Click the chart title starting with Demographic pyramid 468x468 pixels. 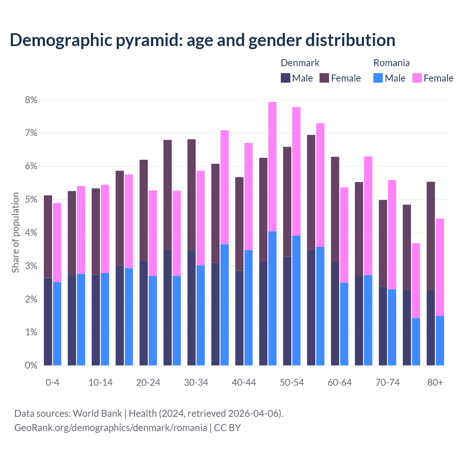coord(202,40)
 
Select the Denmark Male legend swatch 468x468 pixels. coord(285,78)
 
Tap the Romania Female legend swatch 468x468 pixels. coord(417,78)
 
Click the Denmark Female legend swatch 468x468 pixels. coord(324,78)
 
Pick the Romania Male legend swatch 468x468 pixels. coord(378,78)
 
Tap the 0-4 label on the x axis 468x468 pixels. coord(52,383)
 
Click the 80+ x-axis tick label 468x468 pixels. coord(435,383)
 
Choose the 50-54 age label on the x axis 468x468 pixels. coord(292,383)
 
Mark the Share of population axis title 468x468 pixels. coord(16,233)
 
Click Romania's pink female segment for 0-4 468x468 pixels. coord(57,242)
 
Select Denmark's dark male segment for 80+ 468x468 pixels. coord(431,327)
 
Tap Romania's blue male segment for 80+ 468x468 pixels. coord(440,340)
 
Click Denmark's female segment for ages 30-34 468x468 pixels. coord(191,195)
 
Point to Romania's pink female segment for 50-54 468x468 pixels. coord(297,171)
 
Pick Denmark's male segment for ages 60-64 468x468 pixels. coord(335,313)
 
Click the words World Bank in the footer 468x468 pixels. coord(97,414)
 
